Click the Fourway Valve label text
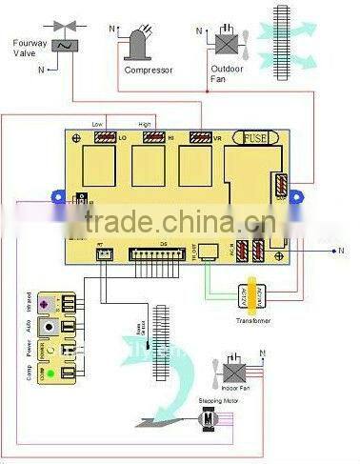[x=30, y=47]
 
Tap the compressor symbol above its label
[x=139, y=43]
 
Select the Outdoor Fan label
[x=223, y=73]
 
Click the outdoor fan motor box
[x=226, y=42]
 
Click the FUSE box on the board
[x=256, y=138]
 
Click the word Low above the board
[x=96, y=124]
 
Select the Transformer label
[x=253, y=321]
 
